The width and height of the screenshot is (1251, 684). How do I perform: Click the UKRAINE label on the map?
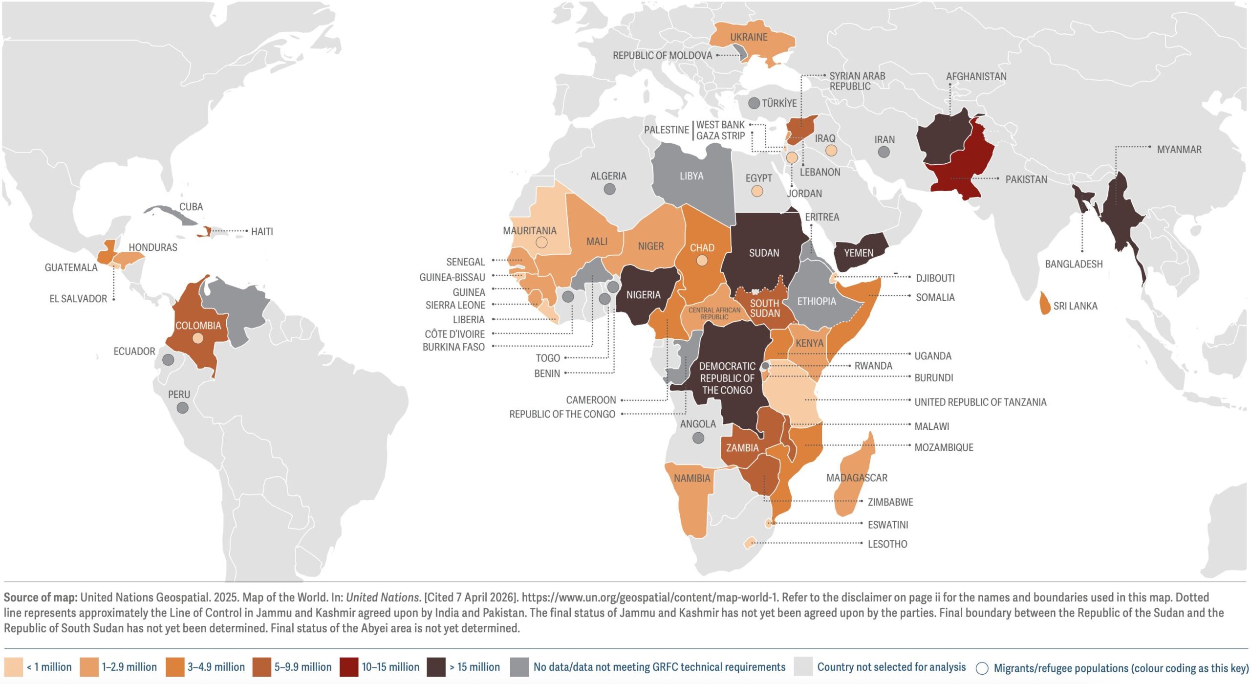[x=748, y=37]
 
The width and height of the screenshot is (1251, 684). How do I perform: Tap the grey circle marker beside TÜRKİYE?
[x=754, y=103]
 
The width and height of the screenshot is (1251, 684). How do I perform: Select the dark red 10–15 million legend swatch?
[x=348, y=667]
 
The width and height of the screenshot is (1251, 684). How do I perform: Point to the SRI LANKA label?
[x=1075, y=306]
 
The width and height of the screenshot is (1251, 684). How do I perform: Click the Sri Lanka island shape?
[x=1044, y=304]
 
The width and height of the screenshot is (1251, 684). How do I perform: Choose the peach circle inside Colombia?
[x=197, y=338]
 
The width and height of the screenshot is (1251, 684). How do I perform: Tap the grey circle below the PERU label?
[x=182, y=408]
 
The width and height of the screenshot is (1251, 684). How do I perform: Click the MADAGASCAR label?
[x=856, y=478]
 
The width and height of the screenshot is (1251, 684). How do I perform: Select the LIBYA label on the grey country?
[x=691, y=176]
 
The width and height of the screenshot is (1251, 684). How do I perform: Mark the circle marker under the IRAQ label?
[x=831, y=151]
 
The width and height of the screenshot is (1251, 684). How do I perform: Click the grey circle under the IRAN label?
[x=884, y=152]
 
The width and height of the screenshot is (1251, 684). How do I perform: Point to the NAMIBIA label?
[x=691, y=478]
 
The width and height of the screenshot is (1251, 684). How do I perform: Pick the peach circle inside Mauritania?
[x=541, y=242]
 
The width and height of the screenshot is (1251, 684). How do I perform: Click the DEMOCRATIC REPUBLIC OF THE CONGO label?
[x=727, y=378]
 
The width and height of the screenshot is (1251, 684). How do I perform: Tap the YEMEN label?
[x=858, y=253]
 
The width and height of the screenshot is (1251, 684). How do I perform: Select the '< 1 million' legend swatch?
[x=13, y=667]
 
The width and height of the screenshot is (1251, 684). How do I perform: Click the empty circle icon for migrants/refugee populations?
[x=982, y=668]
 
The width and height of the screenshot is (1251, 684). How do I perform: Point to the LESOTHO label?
[x=887, y=544]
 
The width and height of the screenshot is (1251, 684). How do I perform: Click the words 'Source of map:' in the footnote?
[x=41, y=597]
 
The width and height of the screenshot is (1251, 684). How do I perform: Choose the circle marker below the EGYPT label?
[x=757, y=191]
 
